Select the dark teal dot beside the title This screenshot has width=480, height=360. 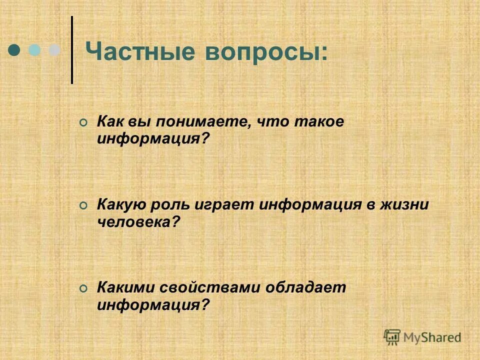pyautogui.click(x=15, y=50)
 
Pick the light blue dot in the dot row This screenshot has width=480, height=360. pyautogui.click(x=34, y=50)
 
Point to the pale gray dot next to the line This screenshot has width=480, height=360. pyautogui.click(x=53, y=50)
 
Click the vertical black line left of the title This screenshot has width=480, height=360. pyautogui.click(x=72, y=50)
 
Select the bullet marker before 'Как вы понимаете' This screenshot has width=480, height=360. pyautogui.click(x=83, y=123)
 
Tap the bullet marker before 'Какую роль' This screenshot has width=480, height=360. pyautogui.click(x=83, y=205)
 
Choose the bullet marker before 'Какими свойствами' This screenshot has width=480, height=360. pyautogui.click(x=83, y=288)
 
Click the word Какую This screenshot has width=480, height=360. pyautogui.click(x=117, y=205)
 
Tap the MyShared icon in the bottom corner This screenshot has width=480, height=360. pyautogui.click(x=392, y=337)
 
